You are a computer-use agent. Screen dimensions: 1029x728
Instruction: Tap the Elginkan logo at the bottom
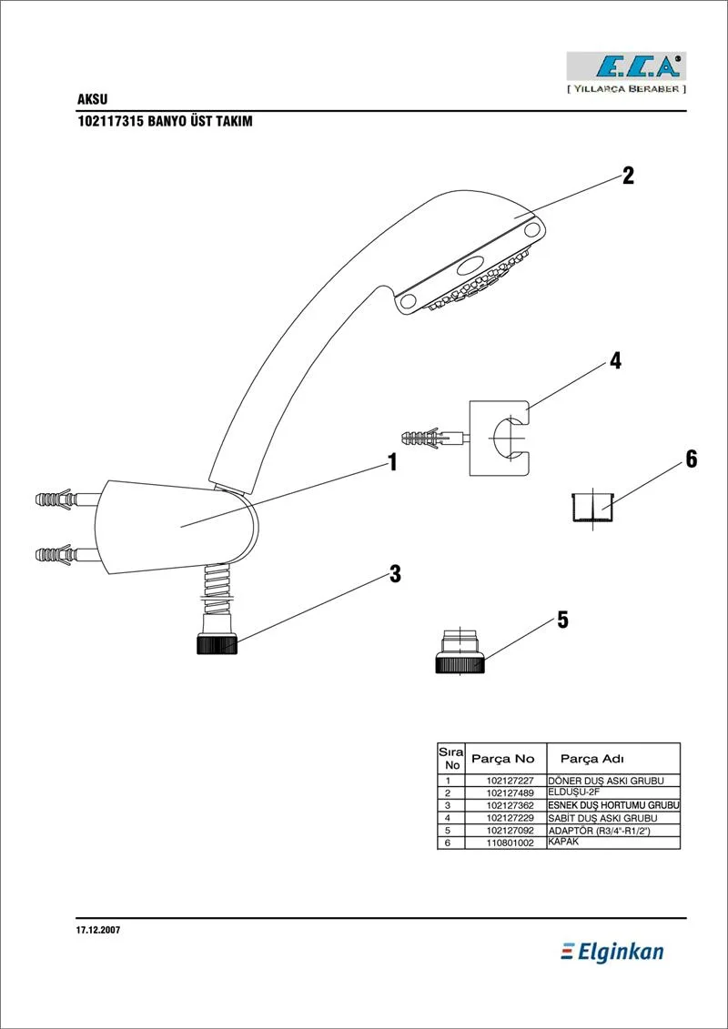[x=612, y=952]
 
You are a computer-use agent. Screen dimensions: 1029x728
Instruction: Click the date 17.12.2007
[x=98, y=931]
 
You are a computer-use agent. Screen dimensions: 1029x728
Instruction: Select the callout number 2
[x=628, y=176]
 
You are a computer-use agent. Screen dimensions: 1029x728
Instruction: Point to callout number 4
[x=615, y=361]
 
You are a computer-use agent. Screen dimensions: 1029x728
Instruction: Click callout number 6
[x=691, y=459]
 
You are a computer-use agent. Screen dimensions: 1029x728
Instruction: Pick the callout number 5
[x=562, y=620]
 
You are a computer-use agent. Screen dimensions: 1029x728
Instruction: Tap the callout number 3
[x=395, y=574]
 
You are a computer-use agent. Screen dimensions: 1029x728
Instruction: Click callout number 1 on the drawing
[x=392, y=463]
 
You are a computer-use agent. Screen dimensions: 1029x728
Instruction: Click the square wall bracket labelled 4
[x=500, y=438]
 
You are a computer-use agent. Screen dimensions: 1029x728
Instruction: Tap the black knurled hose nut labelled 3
[x=217, y=645]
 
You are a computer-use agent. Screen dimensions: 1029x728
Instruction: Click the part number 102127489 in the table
[x=510, y=793]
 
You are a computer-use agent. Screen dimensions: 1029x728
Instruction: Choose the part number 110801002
[x=510, y=843]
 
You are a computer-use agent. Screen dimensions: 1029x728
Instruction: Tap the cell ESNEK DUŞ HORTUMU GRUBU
[x=613, y=806]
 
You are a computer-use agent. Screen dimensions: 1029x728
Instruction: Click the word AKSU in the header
[x=93, y=99]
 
